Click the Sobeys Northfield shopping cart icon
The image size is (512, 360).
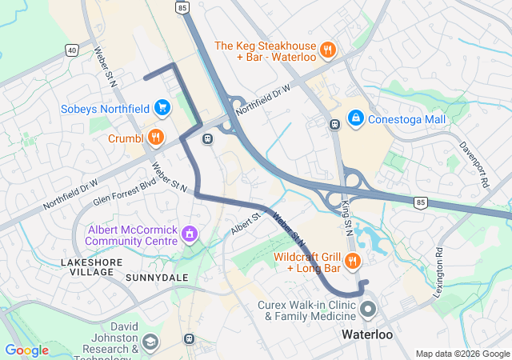162,106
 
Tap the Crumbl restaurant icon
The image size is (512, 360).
155,137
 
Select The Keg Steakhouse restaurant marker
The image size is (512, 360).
326,51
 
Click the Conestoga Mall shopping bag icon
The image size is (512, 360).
355,119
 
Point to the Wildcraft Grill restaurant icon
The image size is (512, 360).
352,261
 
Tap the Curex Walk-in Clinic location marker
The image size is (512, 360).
368,309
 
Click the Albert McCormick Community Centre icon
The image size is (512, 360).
190,234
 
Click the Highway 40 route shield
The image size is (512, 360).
72,50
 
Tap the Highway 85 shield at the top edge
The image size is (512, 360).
183,7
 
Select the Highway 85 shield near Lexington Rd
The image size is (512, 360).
420,203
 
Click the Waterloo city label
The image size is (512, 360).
368,334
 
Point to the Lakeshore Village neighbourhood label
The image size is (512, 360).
88,266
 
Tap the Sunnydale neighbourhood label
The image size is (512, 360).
157,278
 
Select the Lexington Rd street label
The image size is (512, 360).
438,272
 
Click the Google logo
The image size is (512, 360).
26,350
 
